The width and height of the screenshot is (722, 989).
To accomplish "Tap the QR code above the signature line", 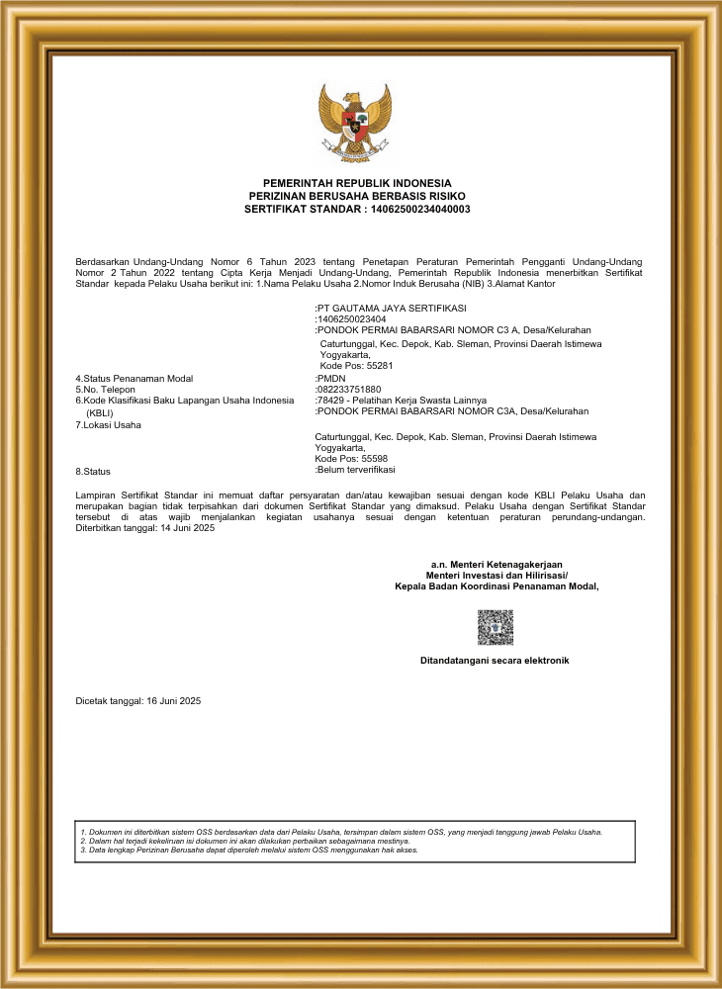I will coord(495,627).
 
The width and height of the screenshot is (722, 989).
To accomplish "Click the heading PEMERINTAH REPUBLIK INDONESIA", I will coord(357,183).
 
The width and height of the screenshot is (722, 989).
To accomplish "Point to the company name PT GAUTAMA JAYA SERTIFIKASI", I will coord(392,309).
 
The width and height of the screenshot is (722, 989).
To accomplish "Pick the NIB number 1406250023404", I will coord(352,319).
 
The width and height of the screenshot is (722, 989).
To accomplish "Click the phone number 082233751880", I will coord(349,390).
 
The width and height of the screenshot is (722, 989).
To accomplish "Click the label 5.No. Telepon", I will coord(105,390).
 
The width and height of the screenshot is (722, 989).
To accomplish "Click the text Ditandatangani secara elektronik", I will coord(495,660).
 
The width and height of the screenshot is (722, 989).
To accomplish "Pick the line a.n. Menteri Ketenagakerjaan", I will coord(496,564).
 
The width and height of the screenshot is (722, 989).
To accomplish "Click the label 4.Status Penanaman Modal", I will coord(135,379).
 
